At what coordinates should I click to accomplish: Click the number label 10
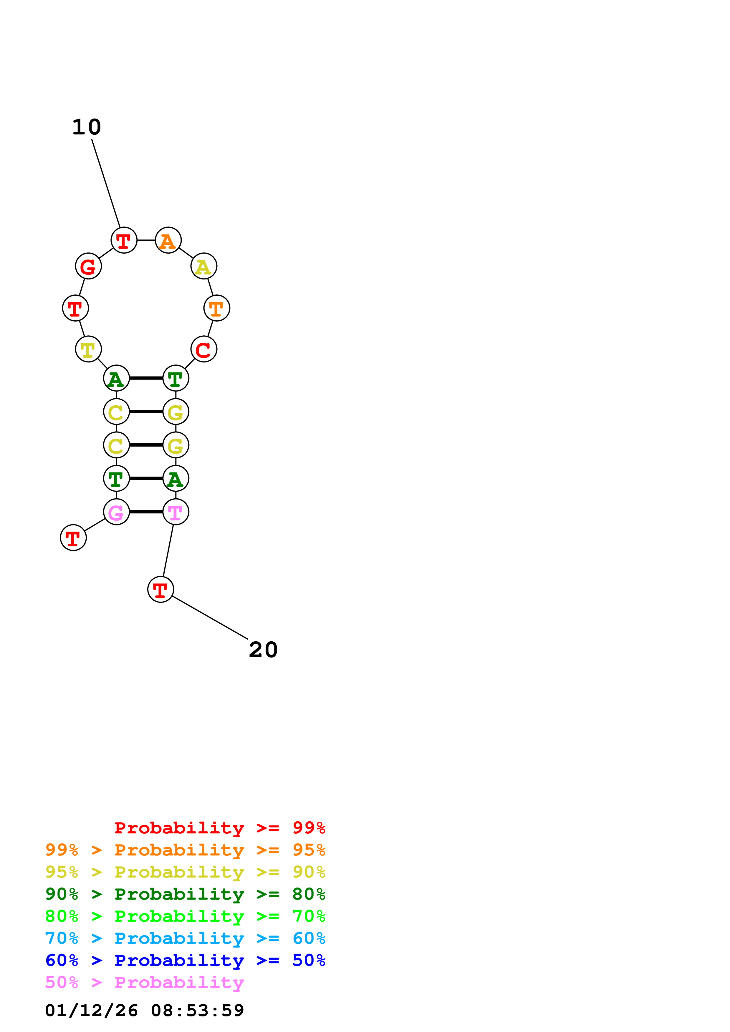click(87, 127)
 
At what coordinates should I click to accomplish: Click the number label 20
click(263, 650)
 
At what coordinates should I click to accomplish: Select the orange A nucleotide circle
click(168, 240)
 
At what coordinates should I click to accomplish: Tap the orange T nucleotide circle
click(217, 308)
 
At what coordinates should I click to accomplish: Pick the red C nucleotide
click(204, 349)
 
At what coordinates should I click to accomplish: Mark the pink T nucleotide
click(176, 512)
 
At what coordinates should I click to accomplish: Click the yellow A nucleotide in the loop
click(204, 266)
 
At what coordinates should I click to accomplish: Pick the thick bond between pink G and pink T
click(146, 512)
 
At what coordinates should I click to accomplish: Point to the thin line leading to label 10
click(106, 183)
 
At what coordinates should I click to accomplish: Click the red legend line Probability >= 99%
click(219, 828)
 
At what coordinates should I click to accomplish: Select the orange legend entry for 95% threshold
click(185, 850)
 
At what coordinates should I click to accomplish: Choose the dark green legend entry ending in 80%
click(185, 894)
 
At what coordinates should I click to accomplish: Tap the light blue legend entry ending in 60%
click(185, 938)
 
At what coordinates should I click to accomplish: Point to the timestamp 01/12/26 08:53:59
click(144, 1011)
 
